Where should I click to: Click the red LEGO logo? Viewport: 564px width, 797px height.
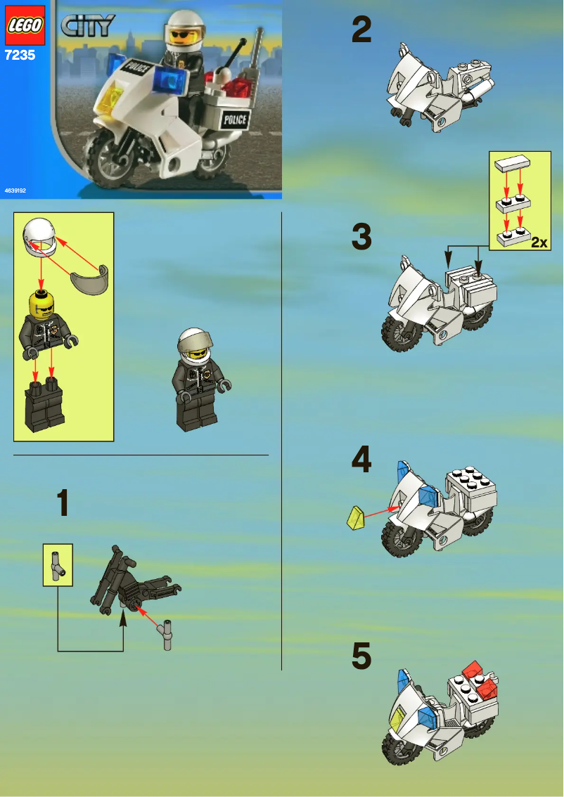[26, 25]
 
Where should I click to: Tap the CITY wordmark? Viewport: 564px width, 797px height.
[89, 27]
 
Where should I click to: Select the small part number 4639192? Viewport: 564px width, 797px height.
[16, 190]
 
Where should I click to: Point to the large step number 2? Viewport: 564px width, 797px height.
[361, 30]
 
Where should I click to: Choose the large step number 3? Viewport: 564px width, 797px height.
[361, 237]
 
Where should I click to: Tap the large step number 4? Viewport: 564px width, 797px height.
[361, 460]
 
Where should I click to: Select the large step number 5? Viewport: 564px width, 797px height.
[361, 657]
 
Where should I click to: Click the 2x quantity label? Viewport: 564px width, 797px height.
[539, 242]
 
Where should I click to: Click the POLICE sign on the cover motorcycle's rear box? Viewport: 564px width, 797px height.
[234, 119]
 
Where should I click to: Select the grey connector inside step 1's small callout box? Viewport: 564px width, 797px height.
[58, 564]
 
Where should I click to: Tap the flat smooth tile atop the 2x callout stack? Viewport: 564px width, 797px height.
[512, 164]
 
